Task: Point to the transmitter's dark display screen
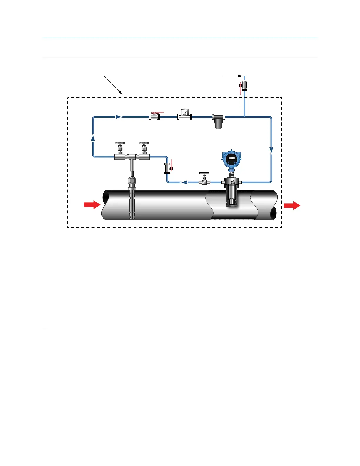tap(231, 158)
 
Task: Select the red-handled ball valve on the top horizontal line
tap(155, 116)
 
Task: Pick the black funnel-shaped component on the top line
tap(219, 121)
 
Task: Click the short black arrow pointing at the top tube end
tap(232, 76)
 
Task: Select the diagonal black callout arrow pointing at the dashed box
tap(109, 84)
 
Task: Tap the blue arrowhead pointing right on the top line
tap(119, 117)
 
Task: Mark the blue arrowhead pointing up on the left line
tap(93, 138)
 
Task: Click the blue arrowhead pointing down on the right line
tap(271, 150)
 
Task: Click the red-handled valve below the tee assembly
tap(168, 168)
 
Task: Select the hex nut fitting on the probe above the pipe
tap(132, 180)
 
